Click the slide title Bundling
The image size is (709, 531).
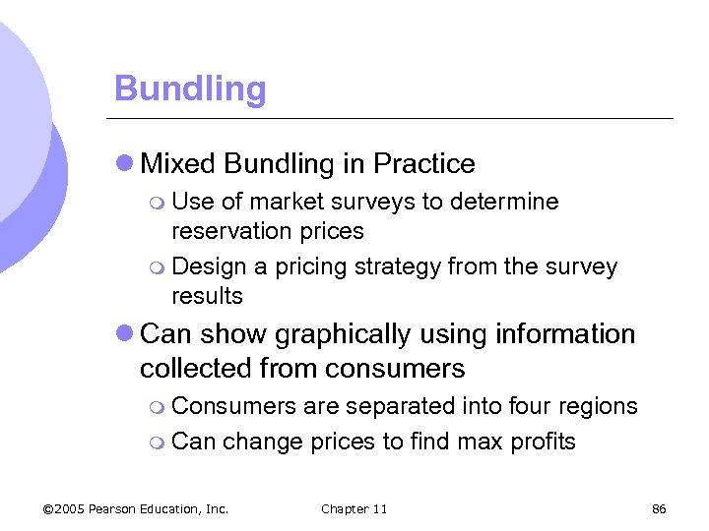point(190,88)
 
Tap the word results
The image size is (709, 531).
point(207,296)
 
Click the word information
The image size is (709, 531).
point(572,334)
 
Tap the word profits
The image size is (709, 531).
point(543,442)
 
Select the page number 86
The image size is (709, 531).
point(660,508)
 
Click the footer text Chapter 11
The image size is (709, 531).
point(354,508)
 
